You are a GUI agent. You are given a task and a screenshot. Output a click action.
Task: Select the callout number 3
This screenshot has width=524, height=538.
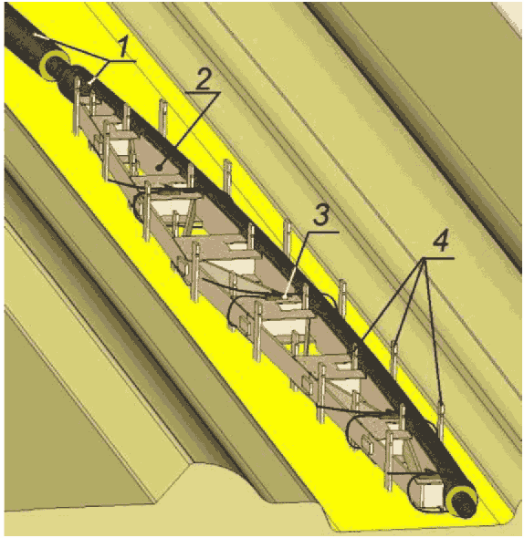coord(322,215)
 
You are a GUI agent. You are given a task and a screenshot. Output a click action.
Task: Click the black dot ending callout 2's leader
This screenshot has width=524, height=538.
coord(159,168)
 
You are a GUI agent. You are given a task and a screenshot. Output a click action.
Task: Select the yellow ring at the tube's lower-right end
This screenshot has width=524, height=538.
coord(461,502)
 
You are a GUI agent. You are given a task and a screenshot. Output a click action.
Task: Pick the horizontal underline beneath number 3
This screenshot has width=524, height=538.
coord(322,233)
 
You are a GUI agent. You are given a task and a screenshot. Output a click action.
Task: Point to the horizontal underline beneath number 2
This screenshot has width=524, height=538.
coord(202,93)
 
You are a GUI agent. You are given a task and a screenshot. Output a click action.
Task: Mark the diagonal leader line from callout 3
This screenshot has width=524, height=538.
coord(297,264)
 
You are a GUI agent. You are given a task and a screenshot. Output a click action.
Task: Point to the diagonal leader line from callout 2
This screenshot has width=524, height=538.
coord(188,130)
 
